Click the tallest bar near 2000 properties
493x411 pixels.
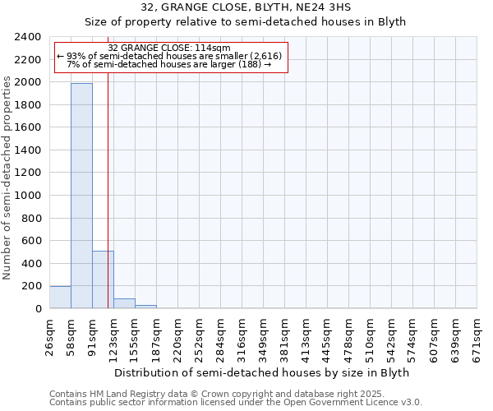[81, 196]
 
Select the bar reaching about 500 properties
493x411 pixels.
[103, 279]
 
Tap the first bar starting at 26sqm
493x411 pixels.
[60, 298]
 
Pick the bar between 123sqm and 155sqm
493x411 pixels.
[124, 303]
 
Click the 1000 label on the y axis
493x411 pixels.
[29, 196]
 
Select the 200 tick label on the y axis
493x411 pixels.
[32, 286]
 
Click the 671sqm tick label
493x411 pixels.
[477, 336]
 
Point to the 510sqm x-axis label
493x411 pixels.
[371, 336]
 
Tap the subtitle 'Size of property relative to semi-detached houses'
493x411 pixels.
[246, 21]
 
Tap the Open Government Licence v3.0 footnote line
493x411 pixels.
[236, 403]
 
